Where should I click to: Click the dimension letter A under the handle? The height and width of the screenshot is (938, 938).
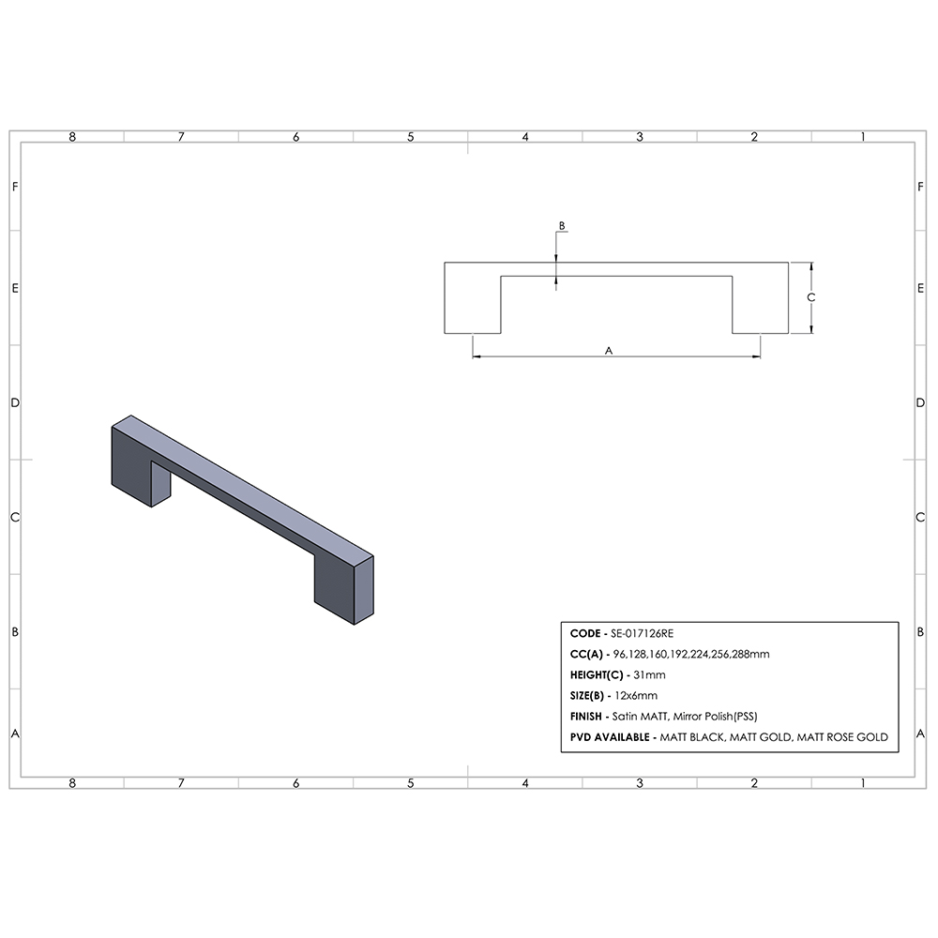tap(608, 350)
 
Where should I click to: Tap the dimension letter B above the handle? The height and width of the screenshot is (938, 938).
tap(562, 226)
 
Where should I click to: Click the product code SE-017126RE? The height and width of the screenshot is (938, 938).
tap(642, 634)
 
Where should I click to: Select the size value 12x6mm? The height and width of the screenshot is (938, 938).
tap(635, 696)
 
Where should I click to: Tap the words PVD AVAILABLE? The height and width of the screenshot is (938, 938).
tap(611, 737)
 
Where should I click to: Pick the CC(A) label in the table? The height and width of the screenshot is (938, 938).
tap(586, 655)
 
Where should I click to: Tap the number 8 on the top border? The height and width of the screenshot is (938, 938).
tap(72, 137)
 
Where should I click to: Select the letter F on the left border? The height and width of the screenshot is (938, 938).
tap(15, 187)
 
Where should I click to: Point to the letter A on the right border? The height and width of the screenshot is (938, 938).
tap(921, 734)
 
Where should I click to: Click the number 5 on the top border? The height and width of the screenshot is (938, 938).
tap(410, 137)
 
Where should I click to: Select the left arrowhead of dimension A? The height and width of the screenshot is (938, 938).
tap(475, 356)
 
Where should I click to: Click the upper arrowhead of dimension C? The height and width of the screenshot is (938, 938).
tap(811, 266)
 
